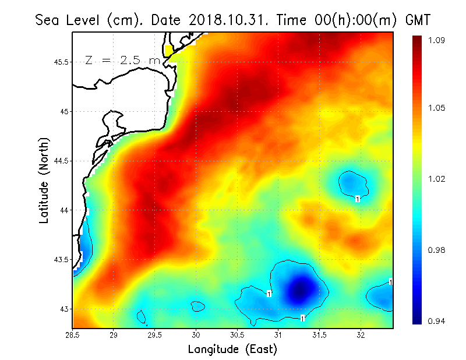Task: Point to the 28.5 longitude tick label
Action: [x=73, y=335]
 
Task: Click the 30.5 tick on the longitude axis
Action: [x=238, y=335]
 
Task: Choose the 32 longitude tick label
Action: [x=361, y=335]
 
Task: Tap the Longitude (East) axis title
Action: [x=232, y=349]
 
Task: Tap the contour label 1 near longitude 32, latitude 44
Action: [x=358, y=199]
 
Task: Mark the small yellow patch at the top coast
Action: [x=170, y=51]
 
